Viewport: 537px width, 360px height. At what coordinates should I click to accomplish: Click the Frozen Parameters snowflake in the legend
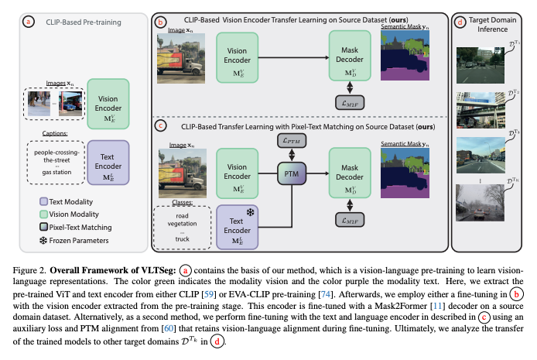tap(33, 240)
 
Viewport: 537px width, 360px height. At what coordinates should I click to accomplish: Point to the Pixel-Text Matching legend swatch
tap(34, 226)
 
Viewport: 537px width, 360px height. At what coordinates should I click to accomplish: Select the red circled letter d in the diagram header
tap(461, 22)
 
